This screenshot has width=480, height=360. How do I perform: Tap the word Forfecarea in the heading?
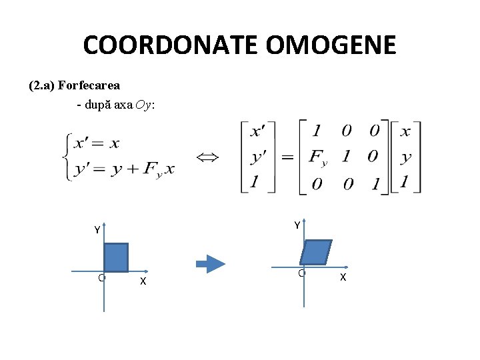(x=89, y=85)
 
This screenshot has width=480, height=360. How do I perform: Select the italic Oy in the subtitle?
(x=143, y=105)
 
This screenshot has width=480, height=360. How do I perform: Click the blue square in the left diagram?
(x=116, y=257)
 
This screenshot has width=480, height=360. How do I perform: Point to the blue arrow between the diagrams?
(x=215, y=263)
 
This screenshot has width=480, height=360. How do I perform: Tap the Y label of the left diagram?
(x=97, y=230)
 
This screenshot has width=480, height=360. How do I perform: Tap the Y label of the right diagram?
(x=297, y=225)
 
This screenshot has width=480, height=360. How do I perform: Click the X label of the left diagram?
(x=143, y=281)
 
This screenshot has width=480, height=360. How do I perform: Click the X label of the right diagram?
(x=343, y=277)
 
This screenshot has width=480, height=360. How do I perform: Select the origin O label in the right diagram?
(x=301, y=273)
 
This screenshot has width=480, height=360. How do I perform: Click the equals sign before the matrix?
(x=287, y=157)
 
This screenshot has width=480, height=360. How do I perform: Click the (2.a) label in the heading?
(x=42, y=85)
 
